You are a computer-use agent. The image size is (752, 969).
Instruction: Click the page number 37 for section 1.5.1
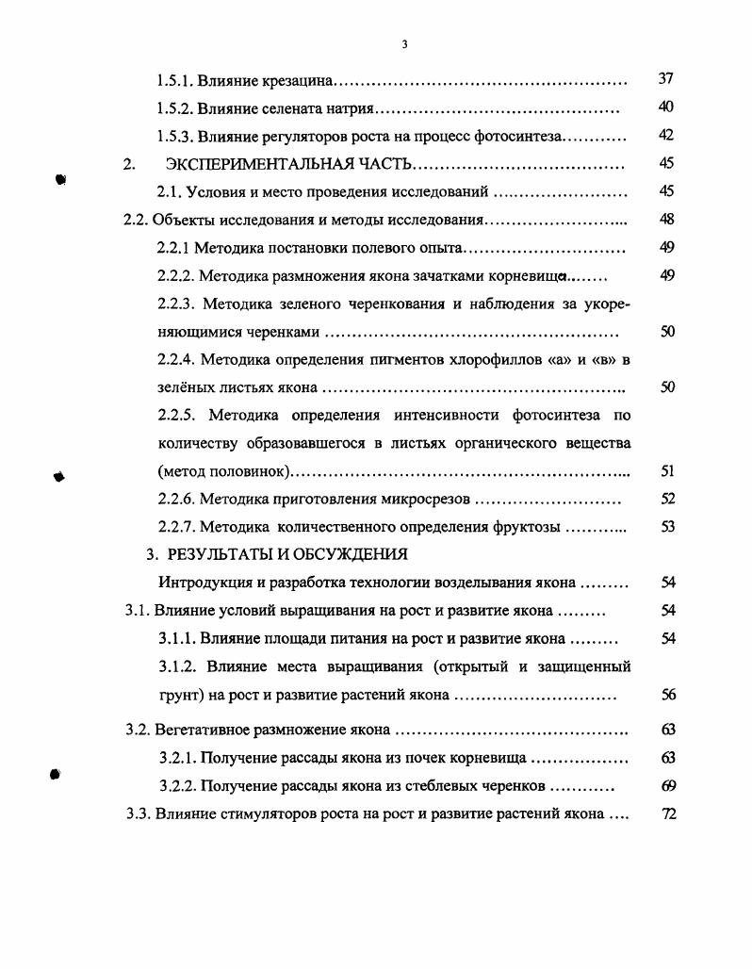pos(665,80)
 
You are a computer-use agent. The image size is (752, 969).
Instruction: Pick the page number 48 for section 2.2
pos(667,220)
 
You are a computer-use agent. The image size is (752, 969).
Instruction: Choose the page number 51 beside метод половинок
pos(667,470)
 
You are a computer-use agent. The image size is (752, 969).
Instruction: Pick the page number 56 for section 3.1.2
pos(667,694)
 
